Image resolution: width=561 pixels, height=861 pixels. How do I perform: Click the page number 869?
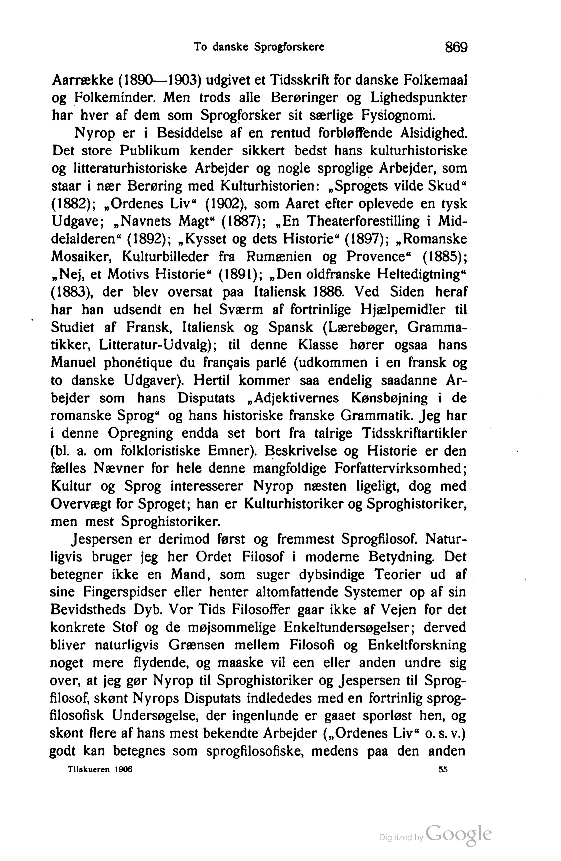pyautogui.click(x=456, y=47)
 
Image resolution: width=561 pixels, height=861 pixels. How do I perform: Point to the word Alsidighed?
pyautogui.click(x=433, y=133)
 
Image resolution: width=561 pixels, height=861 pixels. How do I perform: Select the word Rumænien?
pyautogui.click(x=279, y=257)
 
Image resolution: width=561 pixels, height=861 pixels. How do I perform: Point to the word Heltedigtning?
pyautogui.click(x=419, y=275)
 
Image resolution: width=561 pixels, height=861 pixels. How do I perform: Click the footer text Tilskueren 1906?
pyautogui.click(x=100, y=770)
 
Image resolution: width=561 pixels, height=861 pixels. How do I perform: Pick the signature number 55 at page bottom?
pyautogui.click(x=443, y=770)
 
